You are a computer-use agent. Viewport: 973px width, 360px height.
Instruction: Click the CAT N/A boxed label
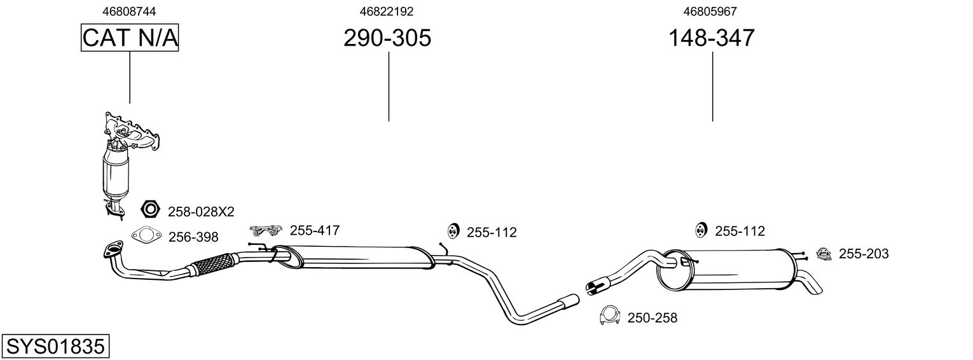click(x=130, y=38)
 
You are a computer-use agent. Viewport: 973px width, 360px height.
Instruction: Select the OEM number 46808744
click(x=129, y=11)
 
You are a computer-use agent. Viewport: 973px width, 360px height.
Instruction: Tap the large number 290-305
click(x=387, y=38)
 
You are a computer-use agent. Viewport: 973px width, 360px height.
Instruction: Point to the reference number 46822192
click(x=387, y=11)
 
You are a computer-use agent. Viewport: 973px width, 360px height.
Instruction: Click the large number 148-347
click(x=712, y=38)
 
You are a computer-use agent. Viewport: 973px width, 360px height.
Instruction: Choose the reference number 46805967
click(x=710, y=11)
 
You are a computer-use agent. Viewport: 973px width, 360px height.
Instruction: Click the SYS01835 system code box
click(x=55, y=347)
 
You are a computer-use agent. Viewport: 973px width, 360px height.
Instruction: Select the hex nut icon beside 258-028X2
click(x=150, y=209)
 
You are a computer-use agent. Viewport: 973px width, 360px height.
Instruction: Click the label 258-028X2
click(x=201, y=212)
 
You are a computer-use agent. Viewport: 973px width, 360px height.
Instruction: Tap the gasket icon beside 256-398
click(x=146, y=235)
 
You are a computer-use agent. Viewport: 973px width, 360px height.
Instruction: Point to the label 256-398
click(x=193, y=237)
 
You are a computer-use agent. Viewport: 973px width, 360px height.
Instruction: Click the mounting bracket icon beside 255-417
click(x=266, y=230)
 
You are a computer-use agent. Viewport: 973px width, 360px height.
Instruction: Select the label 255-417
click(x=315, y=230)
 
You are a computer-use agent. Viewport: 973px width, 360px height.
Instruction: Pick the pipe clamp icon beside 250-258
click(x=609, y=315)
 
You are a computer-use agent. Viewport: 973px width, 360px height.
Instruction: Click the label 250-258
click(x=652, y=318)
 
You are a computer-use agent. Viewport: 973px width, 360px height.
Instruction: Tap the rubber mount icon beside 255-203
click(x=824, y=254)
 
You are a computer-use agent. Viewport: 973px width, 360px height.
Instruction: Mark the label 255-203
click(x=864, y=254)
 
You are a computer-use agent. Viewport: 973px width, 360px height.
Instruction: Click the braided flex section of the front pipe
click(x=214, y=263)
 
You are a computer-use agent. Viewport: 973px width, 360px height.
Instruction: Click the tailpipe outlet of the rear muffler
click(x=811, y=283)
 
